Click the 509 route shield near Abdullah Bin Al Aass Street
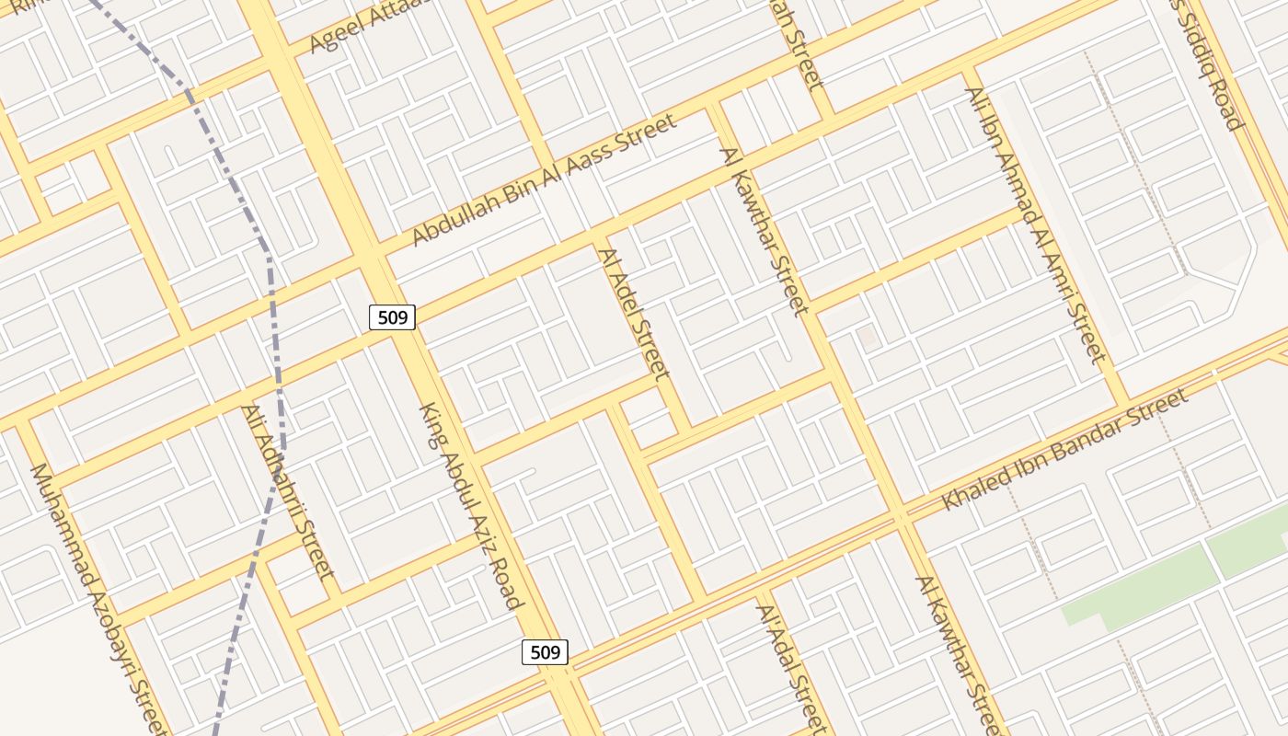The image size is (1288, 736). click(x=392, y=317)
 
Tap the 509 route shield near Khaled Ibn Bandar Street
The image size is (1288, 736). click(x=545, y=652)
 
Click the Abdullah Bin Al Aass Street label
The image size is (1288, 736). click(x=544, y=179)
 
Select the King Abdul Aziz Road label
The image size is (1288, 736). click(x=470, y=506)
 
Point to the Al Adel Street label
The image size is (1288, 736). click(x=634, y=314)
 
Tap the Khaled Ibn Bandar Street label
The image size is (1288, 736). click(x=1064, y=450)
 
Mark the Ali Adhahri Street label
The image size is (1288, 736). click(x=287, y=491)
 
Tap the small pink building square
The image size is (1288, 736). click(x=868, y=337)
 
